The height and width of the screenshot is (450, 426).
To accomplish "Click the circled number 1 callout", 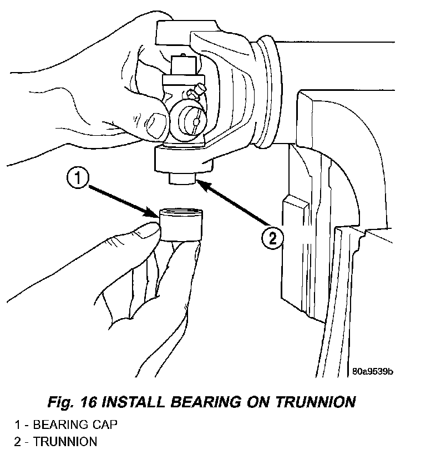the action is [78, 178].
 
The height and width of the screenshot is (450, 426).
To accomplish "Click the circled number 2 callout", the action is [272, 238].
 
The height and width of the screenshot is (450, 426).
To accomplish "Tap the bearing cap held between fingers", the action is [181, 224].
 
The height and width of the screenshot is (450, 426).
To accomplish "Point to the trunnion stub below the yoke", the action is [182, 178].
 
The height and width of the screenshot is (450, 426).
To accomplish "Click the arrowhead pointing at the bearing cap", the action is [151, 213].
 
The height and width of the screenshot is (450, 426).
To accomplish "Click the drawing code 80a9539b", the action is [373, 371].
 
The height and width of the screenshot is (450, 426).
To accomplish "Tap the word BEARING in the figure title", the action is [206, 402].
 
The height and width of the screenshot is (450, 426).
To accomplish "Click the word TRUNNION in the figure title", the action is [316, 402].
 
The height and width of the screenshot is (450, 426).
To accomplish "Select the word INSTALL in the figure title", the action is [133, 402].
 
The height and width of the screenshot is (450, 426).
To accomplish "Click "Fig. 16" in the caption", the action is [72, 402].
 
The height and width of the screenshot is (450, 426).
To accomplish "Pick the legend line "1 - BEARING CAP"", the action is [66, 425].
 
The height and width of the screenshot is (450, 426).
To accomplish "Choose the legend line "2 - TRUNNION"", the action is [55, 441].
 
